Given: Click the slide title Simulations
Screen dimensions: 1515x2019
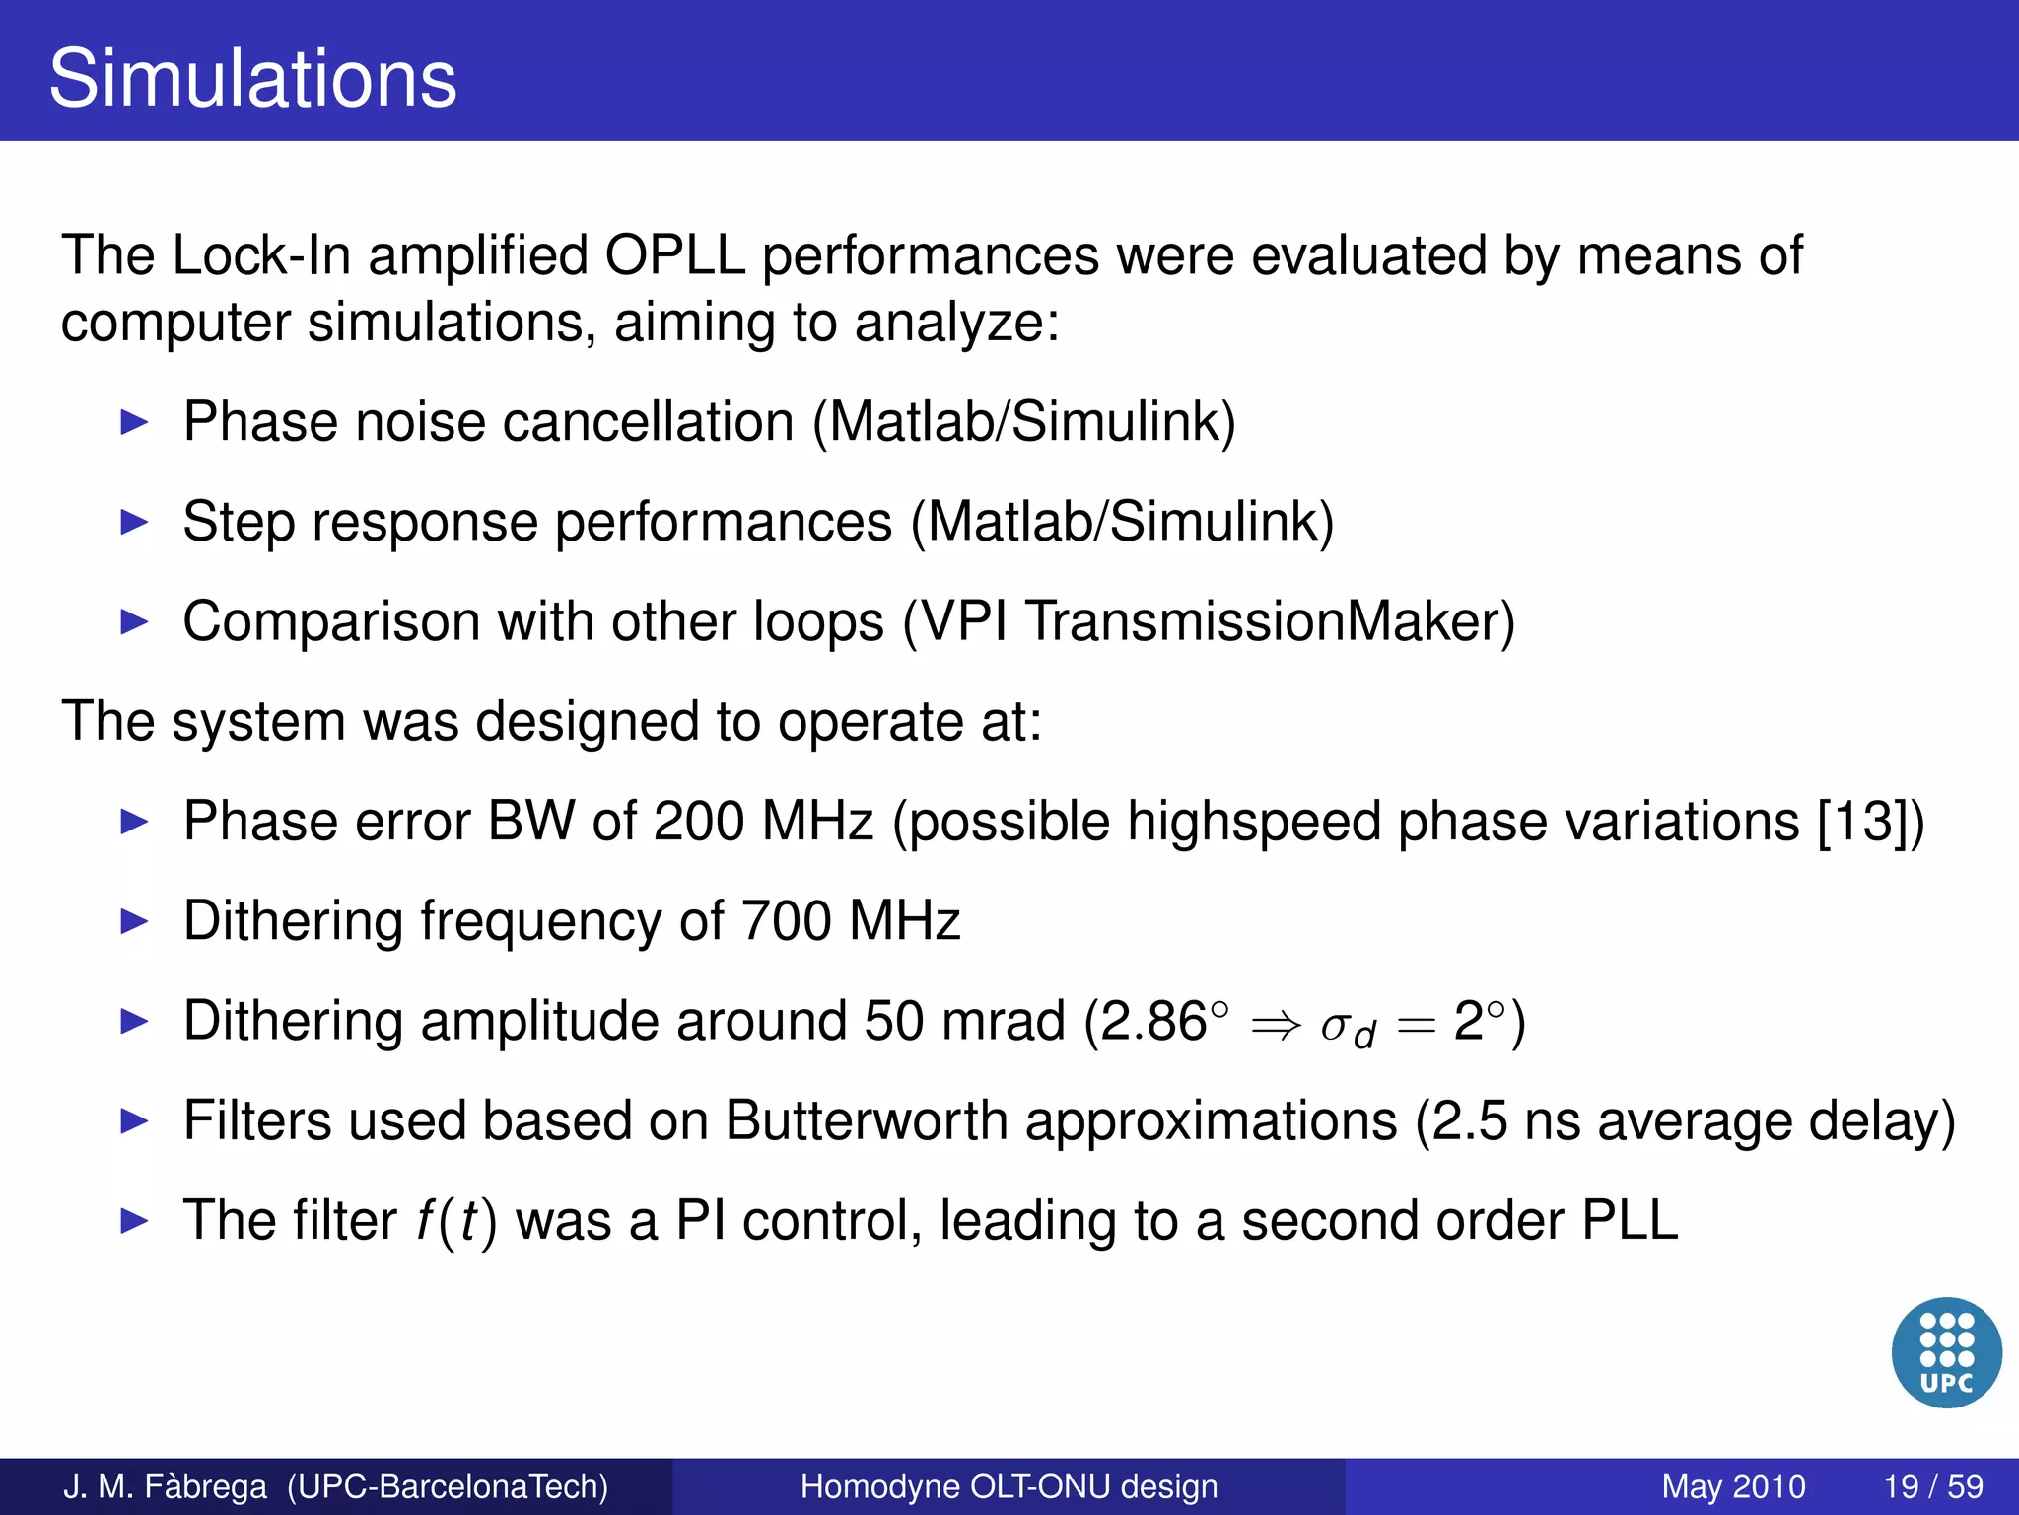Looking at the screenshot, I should (x=252, y=79).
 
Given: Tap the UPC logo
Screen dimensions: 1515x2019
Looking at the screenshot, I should (x=1946, y=1352).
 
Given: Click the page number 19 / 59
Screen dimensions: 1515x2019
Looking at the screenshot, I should (x=1932, y=1486).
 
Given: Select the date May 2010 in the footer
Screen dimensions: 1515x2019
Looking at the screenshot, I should (x=1733, y=1486).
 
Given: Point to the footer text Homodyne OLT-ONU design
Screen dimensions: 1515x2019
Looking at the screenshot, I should (x=1009, y=1486).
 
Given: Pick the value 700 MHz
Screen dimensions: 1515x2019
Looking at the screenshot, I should (x=850, y=921).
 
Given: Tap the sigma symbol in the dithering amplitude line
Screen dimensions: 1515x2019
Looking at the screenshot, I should (x=1336, y=1027).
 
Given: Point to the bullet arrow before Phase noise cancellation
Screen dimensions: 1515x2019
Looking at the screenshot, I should (x=133, y=423).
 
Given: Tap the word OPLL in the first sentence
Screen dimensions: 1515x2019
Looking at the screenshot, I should (x=674, y=256).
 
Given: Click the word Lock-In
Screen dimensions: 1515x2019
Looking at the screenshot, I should (x=261, y=256).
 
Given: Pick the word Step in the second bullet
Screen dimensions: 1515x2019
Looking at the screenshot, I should (x=239, y=523).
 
